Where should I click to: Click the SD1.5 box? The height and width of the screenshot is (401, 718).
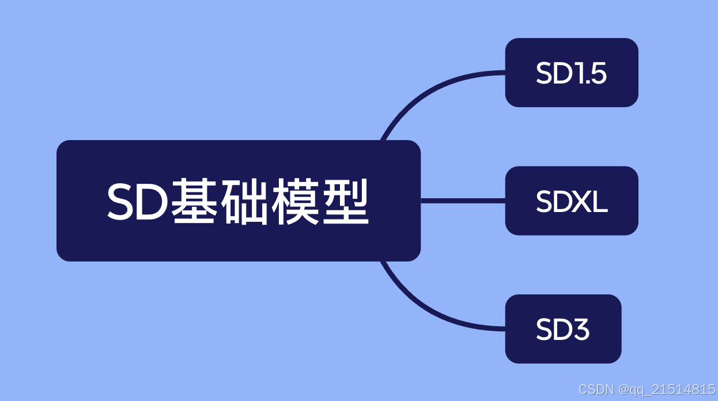pos(571,73)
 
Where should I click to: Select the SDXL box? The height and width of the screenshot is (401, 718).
pos(571,200)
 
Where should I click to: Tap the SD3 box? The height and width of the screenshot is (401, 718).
pos(563,329)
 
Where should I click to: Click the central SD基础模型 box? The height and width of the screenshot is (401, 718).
pos(238,200)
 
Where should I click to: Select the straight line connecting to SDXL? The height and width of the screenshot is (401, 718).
pos(463,200)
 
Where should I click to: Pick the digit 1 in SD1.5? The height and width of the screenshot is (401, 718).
pos(579,74)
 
